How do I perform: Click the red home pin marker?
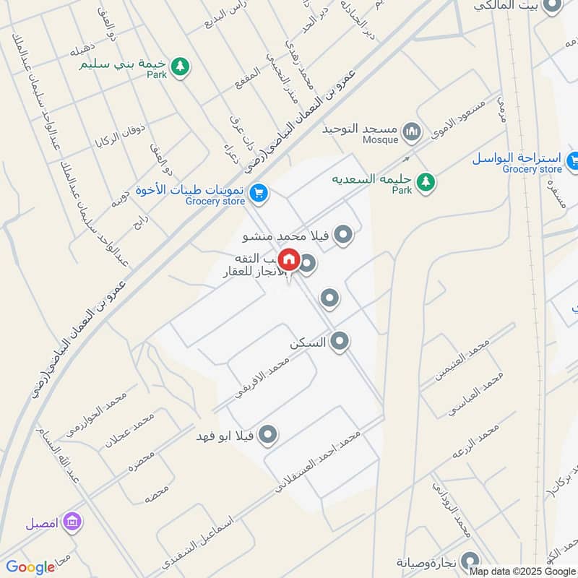coord(289,259)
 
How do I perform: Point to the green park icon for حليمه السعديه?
coord(426,181)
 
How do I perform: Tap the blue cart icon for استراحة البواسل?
coord(574,160)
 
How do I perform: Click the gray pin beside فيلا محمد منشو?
coord(344,234)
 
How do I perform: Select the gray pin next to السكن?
coord(340,342)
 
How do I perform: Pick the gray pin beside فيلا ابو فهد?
coord(268,434)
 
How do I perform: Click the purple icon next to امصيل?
coord(72,521)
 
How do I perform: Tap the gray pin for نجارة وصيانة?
coord(470,561)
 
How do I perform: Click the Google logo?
coord(30,567)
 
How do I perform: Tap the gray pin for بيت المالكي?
coord(553,6)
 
